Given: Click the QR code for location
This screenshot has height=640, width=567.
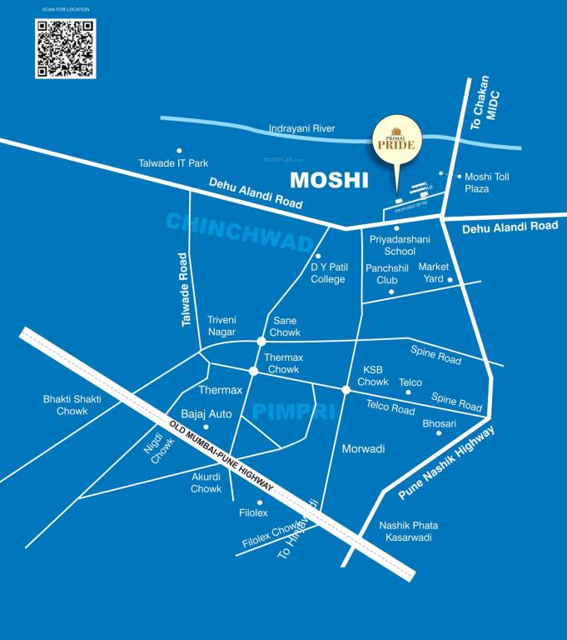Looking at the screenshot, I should click(x=65, y=48).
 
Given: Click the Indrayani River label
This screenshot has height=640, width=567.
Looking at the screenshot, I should click(x=301, y=129).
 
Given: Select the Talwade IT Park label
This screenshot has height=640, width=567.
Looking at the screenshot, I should click(x=173, y=163).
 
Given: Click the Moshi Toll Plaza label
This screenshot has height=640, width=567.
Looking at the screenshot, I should click(x=487, y=182).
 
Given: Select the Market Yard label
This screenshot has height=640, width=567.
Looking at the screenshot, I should click(x=433, y=272).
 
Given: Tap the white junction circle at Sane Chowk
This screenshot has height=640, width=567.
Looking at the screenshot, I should click(x=261, y=342).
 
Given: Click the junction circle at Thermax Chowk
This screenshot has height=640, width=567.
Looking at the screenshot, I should click(x=254, y=371).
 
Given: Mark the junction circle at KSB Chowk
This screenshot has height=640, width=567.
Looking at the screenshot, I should click(x=346, y=389).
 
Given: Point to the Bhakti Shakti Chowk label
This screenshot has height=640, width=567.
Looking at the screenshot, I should click(x=72, y=405).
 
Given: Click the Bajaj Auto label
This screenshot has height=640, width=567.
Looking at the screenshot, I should click(x=206, y=413).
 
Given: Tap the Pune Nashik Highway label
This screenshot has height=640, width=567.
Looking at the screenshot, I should click(x=445, y=463).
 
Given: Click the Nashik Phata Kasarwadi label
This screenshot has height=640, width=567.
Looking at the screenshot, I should click(x=408, y=532).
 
